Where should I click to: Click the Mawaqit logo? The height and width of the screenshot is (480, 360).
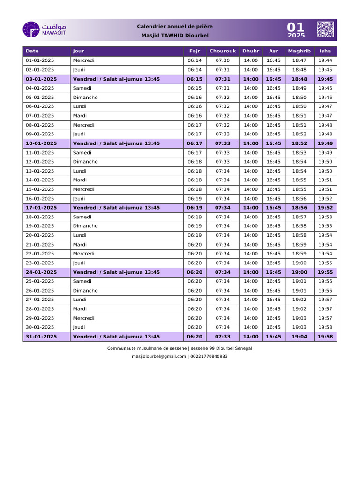pyautogui.click(x=45, y=30)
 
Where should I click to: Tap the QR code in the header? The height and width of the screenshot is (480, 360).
pyautogui.click(x=325, y=29)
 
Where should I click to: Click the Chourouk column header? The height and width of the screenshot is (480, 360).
pyautogui.click(x=223, y=51)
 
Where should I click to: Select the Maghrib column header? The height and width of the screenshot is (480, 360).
pyautogui.click(x=299, y=51)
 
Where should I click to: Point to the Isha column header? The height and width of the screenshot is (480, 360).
pyautogui.click(x=325, y=51)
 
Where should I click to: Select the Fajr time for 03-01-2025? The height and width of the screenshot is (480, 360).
pyautogui.click(x=195, y=79)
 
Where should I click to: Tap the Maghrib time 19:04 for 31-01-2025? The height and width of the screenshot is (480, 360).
pyautogui.click(x=299, y=337)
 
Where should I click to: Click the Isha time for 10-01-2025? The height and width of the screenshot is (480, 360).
pyautogui.click(x=325, y=143)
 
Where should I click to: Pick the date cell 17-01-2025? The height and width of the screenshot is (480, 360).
pyautogui.click(x=41, y=208)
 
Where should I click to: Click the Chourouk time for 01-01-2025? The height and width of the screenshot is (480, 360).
pyautogui.click(x=223, y=60)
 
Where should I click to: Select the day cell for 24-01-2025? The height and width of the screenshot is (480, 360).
pyautogui.click(x=116, y=272)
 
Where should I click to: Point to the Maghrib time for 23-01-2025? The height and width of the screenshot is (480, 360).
pyautogui.click(x=299, y=263)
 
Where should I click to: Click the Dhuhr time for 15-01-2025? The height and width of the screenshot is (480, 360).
pyautogui.click(x=251, y=189)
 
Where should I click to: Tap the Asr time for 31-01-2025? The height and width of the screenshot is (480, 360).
pyautogui.click(x=274, y=337)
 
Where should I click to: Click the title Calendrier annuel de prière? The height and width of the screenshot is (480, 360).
pyautogui.click(x=174, y=27)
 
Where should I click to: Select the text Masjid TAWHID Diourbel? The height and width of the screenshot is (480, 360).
pyautogui.click(x=174, y=36)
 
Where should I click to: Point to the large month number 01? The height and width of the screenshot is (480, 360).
pyautogui.click(x=296, y=27)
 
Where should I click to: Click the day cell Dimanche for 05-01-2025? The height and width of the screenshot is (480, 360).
pyautogui.click(x=85, y=97)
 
